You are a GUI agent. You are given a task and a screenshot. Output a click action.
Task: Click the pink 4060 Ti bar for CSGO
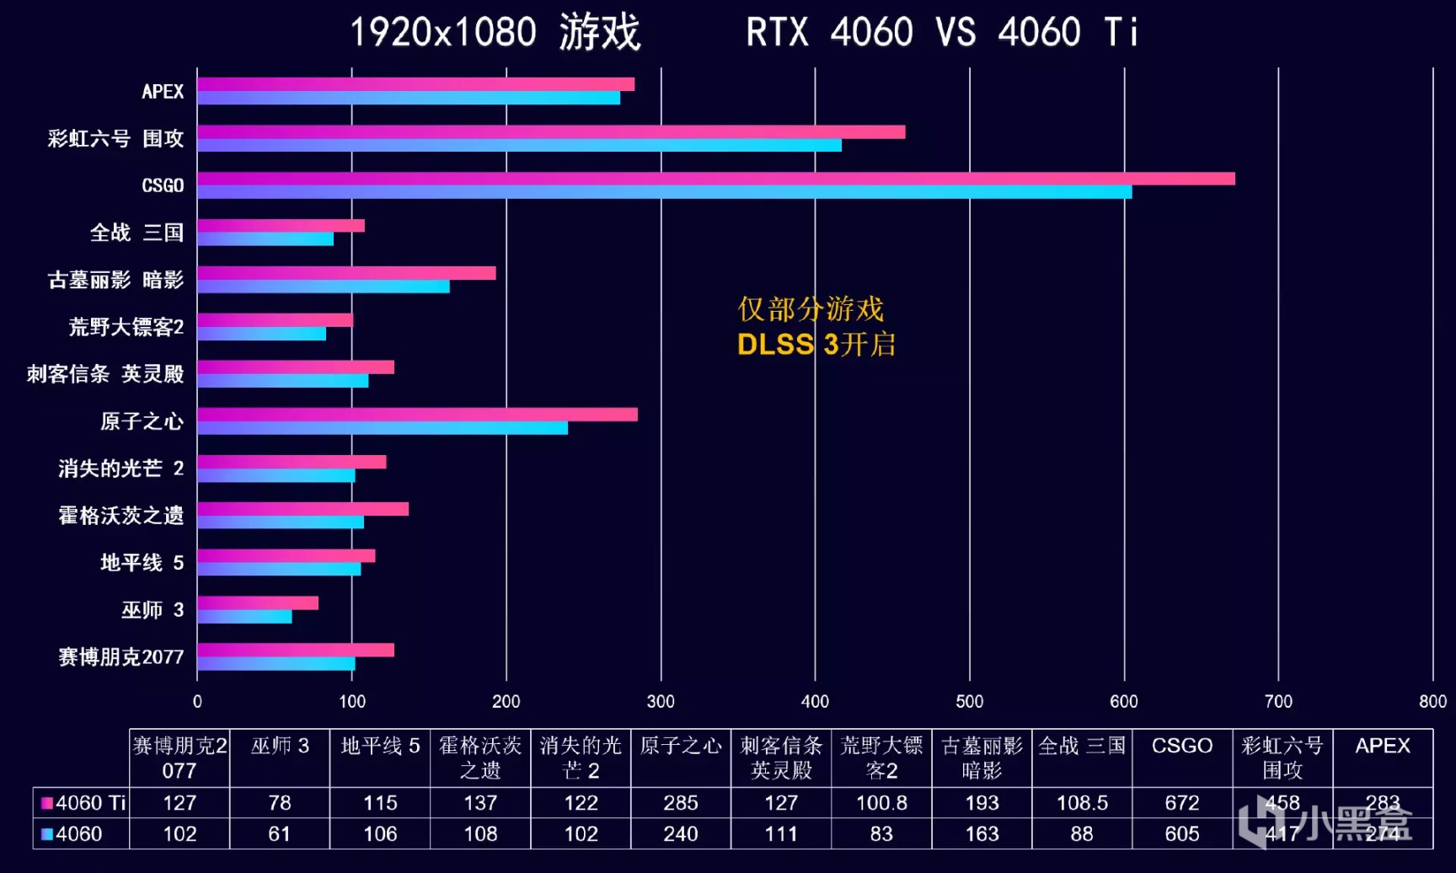[716, 179]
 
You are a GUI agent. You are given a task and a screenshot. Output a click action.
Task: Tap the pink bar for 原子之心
[417, 415]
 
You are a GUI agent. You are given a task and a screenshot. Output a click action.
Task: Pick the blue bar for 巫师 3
[244, 617]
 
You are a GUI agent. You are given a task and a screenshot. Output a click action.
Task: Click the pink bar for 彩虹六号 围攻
[551, 131]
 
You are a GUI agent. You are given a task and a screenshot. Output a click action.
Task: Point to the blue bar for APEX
[409, 98]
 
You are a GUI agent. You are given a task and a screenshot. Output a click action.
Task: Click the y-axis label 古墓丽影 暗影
[115, 280]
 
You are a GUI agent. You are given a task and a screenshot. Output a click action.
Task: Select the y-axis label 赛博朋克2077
[120, 657]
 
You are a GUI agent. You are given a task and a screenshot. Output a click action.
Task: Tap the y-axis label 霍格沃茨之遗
[120, 516]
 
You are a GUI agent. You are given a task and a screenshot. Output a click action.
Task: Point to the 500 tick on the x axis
[969, 701]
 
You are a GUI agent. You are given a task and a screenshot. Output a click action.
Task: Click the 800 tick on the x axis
[1432, 701]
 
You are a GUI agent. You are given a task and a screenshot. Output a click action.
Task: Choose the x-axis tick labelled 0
[197, 701]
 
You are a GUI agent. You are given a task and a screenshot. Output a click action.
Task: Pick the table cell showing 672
[1181, 803]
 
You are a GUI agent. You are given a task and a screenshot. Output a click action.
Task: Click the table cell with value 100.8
[881, 803]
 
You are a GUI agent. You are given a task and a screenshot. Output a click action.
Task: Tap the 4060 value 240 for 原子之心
[680, 834]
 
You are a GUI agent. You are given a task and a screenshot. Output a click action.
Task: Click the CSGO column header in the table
[1181, 746]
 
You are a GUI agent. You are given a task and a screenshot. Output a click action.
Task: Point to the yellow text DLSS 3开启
[816, 345]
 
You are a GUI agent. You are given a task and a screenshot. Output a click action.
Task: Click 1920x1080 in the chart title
[443, 32]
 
